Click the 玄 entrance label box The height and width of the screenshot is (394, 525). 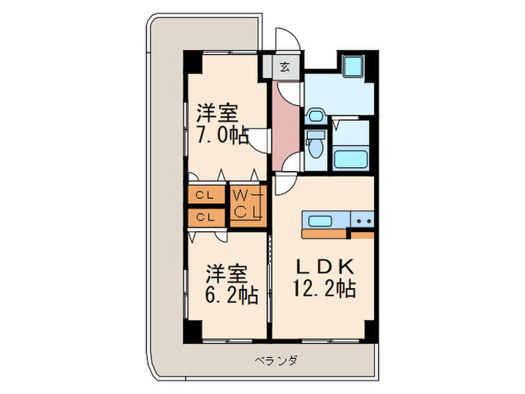pos(285,66)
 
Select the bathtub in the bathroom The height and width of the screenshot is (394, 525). pos(349,158)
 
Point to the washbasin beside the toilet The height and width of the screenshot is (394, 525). pos(315,116)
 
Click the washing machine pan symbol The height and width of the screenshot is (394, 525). pos(351,68)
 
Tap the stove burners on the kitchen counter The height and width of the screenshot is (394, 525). pos(363,221)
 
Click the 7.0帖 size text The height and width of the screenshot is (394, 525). pos(222,136)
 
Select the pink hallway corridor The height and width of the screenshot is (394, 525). pos(286,124)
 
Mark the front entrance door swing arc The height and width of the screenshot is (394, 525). pos(286,41)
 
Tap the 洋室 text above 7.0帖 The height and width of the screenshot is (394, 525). pos(217,114)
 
